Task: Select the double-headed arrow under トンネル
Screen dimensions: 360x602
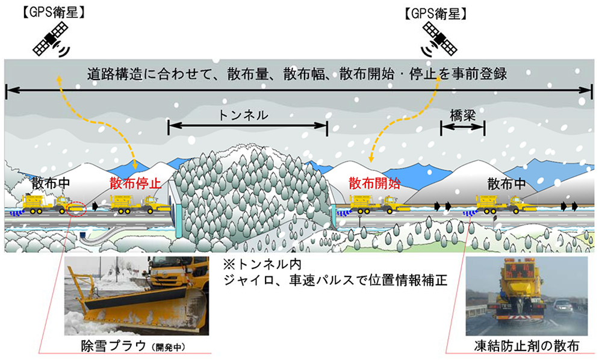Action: point(247,126)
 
